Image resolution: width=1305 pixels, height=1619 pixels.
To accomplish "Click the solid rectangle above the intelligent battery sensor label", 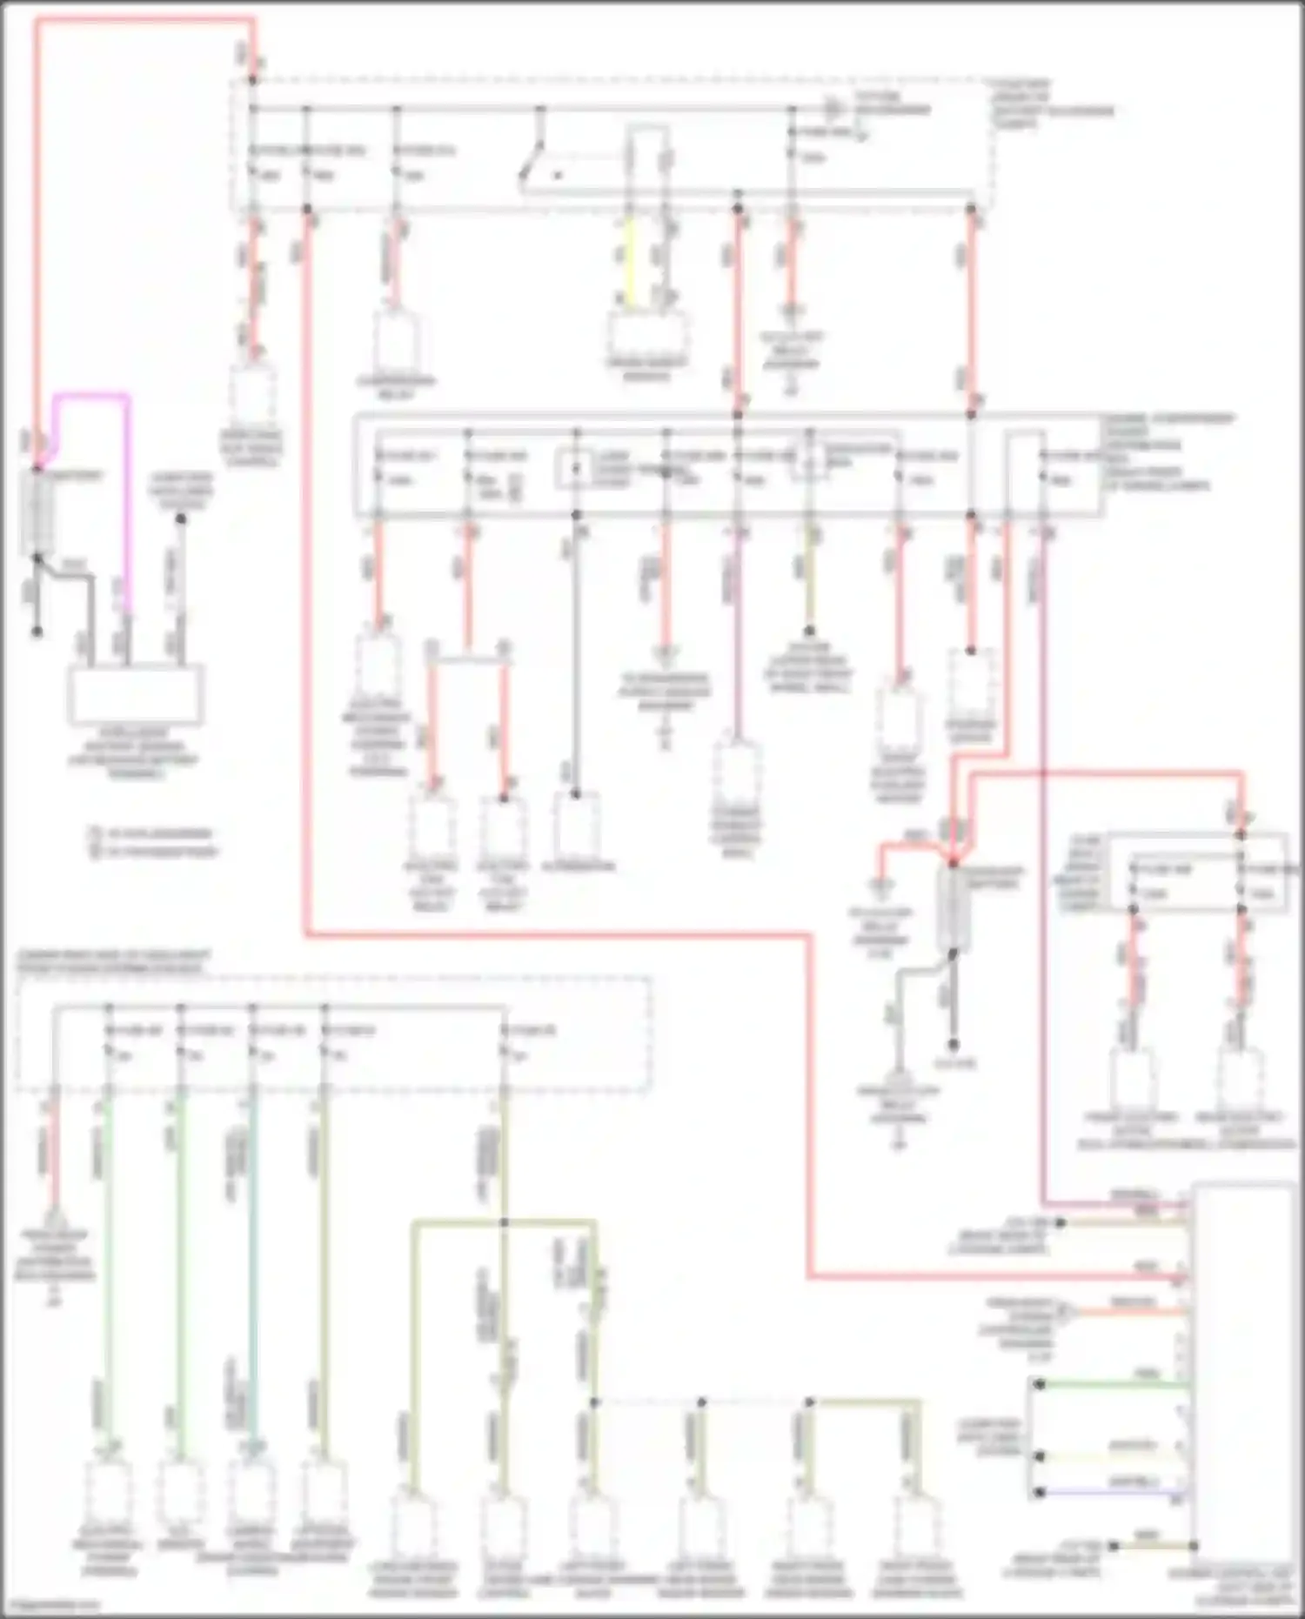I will [x=137, y=693].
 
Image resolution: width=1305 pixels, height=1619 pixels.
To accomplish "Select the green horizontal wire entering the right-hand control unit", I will [x=1114, y=1384].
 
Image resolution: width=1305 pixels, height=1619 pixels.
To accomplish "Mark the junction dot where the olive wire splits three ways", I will [x=504, y=1222].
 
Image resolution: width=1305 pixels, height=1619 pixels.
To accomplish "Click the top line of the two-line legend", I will [x=152, y=833].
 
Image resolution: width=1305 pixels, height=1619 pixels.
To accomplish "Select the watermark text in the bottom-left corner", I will [x=48, y=1604].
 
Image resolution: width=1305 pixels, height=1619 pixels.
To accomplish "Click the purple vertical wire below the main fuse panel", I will [x=738, y=635].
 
